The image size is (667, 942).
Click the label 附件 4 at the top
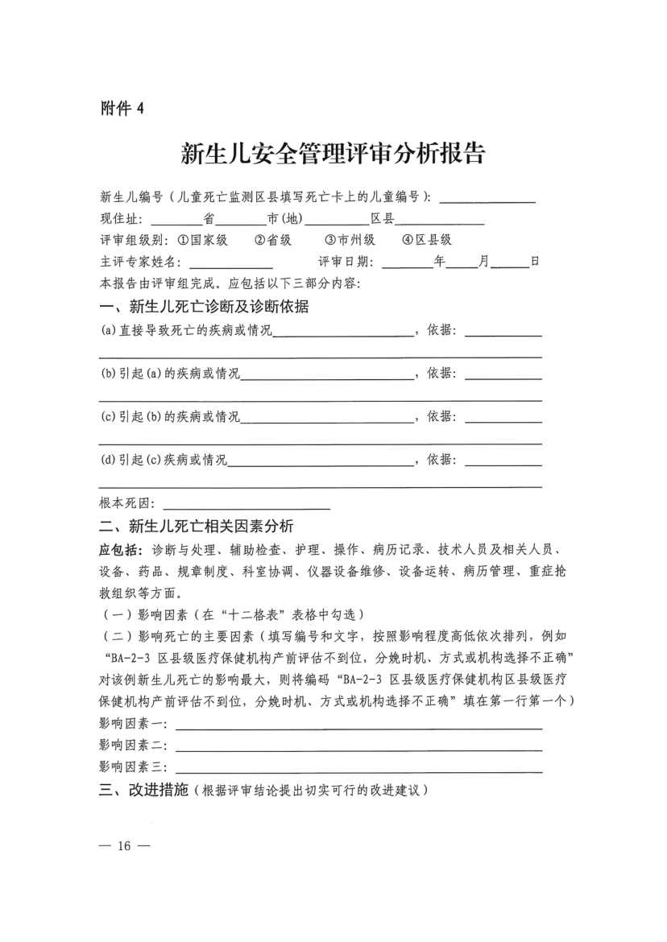coord(121,109)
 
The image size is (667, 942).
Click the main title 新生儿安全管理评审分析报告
coord(333,154)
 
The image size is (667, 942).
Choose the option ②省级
coord(273,240)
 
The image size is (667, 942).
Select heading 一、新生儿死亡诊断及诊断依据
coord(205,307)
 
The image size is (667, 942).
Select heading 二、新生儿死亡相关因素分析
coord(197,527)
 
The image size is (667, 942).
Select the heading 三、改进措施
coord(143,791)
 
